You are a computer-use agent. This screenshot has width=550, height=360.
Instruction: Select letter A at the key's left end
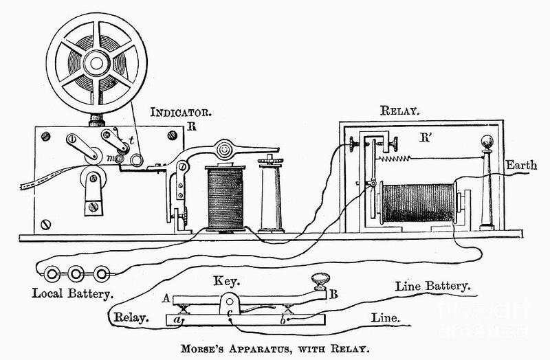coord(166,298)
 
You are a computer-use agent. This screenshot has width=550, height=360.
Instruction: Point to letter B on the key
coord(334,296)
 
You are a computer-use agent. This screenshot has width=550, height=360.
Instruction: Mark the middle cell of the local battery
coord(77,272)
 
